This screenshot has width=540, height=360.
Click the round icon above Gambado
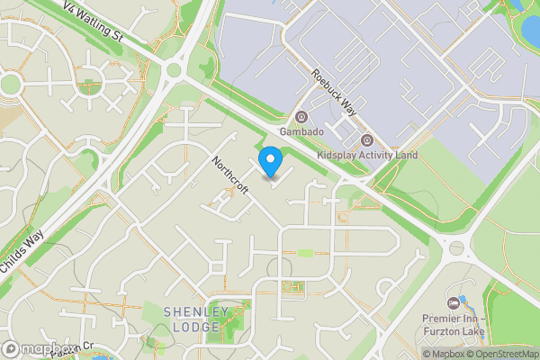click(x=301, y=116)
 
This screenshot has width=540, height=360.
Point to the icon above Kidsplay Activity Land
click(x=367, y=139)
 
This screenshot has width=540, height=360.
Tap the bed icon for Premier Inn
click(x=453, y=301)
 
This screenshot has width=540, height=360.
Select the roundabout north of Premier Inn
click(x=456, y=247)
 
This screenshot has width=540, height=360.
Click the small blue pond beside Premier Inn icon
click(x=463, y=300)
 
